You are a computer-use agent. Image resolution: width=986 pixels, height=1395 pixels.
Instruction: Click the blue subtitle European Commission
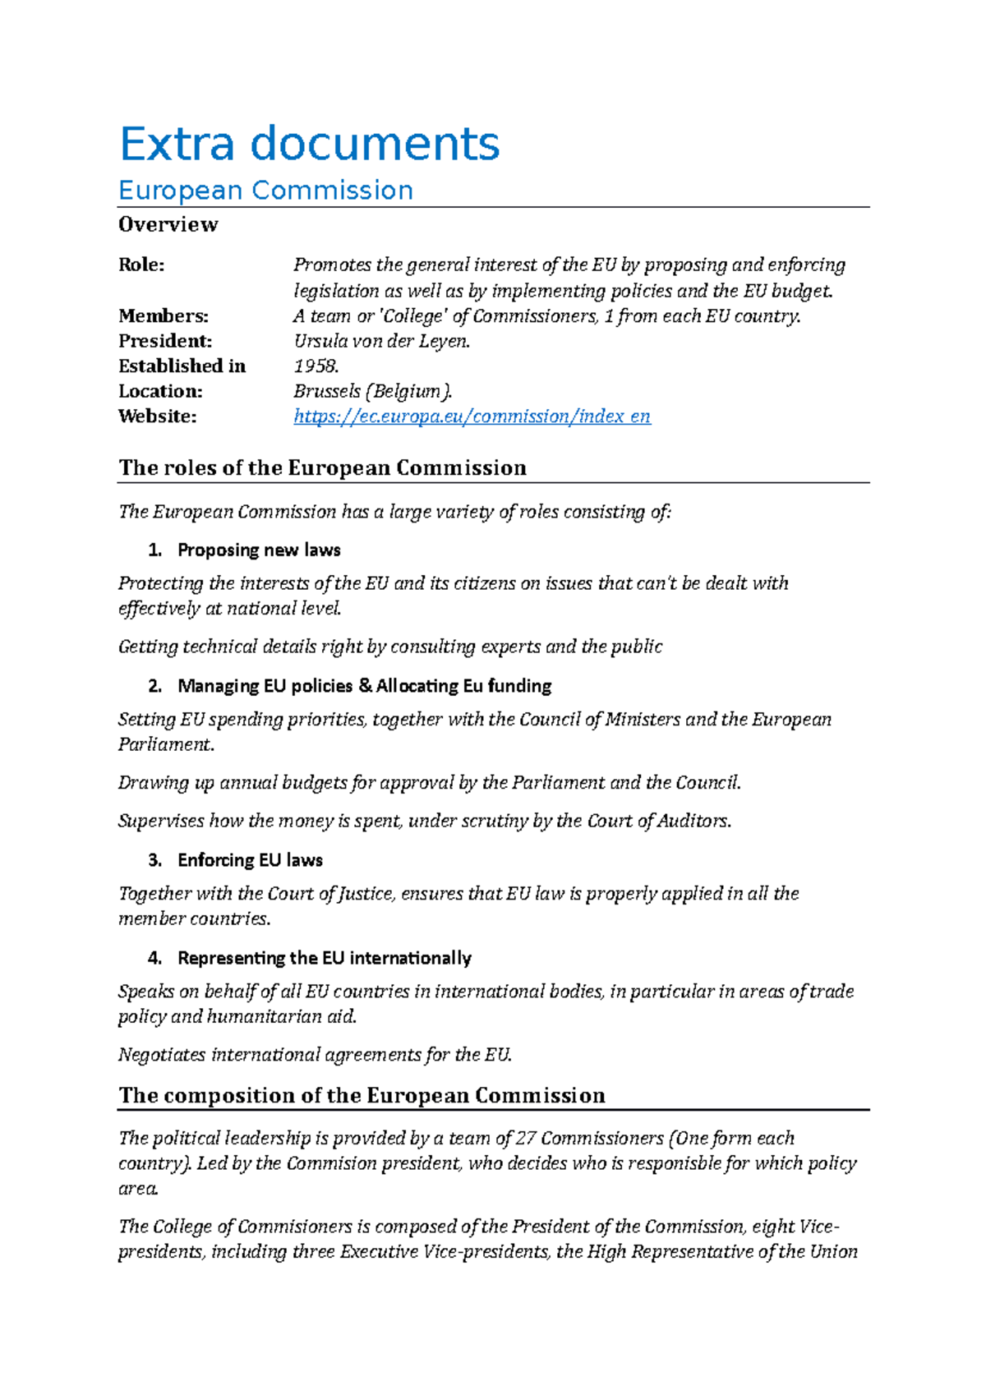(265, 191)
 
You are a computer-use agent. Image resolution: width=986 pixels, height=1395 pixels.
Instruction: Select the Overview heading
(168, 224)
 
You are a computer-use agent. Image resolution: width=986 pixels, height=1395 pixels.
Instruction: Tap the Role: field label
(141, 265)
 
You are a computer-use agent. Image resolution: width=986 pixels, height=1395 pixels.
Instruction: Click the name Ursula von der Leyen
(381, 341)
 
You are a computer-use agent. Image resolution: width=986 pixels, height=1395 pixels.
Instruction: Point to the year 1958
(316, 366)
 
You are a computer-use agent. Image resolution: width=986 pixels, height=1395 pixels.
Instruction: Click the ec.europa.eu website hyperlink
(472, 417)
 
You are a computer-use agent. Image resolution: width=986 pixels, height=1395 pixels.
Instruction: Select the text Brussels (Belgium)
(372, 391)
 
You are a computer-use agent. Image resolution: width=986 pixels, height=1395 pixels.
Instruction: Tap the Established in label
(182, 366)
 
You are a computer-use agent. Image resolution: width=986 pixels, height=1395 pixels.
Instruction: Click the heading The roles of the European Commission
(322, 467)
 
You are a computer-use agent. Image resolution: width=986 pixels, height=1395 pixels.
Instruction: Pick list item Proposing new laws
(259, 550)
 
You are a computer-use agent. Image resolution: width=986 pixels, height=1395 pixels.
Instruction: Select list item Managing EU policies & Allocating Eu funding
(364, 685)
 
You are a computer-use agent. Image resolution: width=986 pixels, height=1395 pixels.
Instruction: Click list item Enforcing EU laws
(250, 860)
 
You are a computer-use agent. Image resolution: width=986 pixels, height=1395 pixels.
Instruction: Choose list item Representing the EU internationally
(324, 958)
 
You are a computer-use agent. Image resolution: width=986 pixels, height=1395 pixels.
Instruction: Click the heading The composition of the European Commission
(362, 1095)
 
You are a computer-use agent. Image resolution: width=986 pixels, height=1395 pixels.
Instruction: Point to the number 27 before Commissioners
(526, 1138)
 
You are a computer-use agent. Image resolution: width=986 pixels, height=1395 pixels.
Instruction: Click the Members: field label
(163, 315)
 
